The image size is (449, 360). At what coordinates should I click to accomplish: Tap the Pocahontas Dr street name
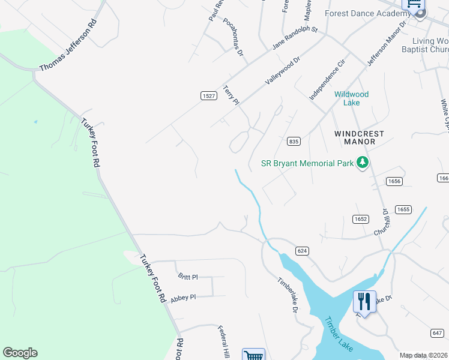pyautogui.click(x=233, y=37)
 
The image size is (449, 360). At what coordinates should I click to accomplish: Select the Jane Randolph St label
pyautogui.click(x=295, y=38)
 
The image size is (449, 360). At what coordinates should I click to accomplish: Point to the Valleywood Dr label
pyautogui.click(x=282, y=71)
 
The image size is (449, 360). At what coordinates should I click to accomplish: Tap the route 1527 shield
pyautogui.click(x=208, y=96)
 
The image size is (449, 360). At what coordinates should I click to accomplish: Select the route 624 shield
pyautogui.click(x=302, y=250)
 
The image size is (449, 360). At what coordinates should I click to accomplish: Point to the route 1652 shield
pyautogui.click(x=360, y=220)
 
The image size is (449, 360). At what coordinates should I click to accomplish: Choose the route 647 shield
pyautogui.click(x=437, y=333)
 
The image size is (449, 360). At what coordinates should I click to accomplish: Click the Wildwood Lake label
pyautogui.click(x=351, y=98)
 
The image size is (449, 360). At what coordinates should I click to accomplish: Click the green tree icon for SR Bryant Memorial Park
pyautogui.click(x=362, y=163)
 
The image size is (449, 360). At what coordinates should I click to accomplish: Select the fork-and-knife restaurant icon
pyautogui.click(x=364, y=301)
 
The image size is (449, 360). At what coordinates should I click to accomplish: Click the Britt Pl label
pyautogui.click(x=188, y=277)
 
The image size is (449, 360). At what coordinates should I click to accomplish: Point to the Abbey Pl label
pyautogui.click(x=183, y=297)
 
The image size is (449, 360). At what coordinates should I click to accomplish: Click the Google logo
pyautogui.click(x=20, y=353)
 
